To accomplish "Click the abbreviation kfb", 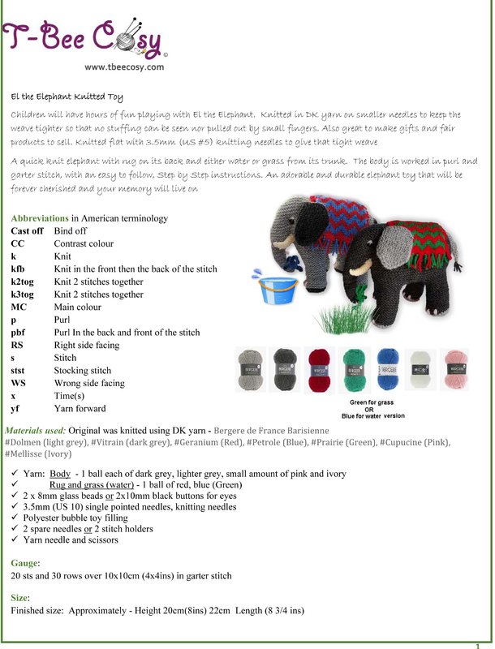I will (19, 269).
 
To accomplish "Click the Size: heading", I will (22, 596).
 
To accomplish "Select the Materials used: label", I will (36, 429).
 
